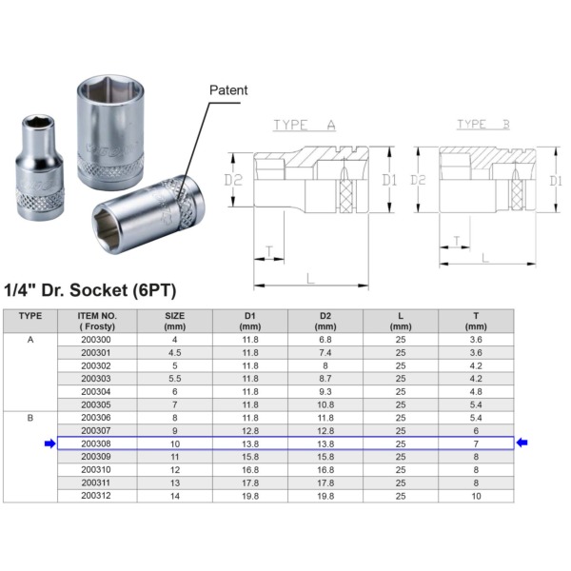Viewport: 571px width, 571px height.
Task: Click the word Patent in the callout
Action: pos(228,90)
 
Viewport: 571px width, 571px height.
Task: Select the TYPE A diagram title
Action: pos(305,125)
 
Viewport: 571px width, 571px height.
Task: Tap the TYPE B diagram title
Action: pos(483,124)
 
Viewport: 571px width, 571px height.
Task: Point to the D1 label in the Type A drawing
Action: pos(389,180)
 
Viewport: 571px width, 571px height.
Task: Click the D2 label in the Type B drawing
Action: pos(418,180)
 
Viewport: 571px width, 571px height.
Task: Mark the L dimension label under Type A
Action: pos(310,279)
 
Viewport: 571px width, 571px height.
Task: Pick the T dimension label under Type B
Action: pos(457,241)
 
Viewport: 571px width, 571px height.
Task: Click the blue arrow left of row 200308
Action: pos(49,443)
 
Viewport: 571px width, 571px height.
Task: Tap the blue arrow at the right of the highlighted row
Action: pos(522,443)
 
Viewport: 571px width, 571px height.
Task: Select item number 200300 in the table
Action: pos(96,340)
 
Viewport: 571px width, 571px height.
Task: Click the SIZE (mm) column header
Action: pos(175,321)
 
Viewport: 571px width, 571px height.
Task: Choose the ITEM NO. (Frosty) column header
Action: pos(97,321)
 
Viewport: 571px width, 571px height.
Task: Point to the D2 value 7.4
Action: pos(325,352)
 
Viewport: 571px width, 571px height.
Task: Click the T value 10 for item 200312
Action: pos(476,496)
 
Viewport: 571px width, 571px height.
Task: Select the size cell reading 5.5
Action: pos(175,379)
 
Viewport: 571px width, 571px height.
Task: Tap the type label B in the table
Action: pos(30,418)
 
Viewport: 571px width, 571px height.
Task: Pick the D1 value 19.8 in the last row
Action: pos(250,496)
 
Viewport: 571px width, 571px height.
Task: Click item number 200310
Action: pos(96,470)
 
